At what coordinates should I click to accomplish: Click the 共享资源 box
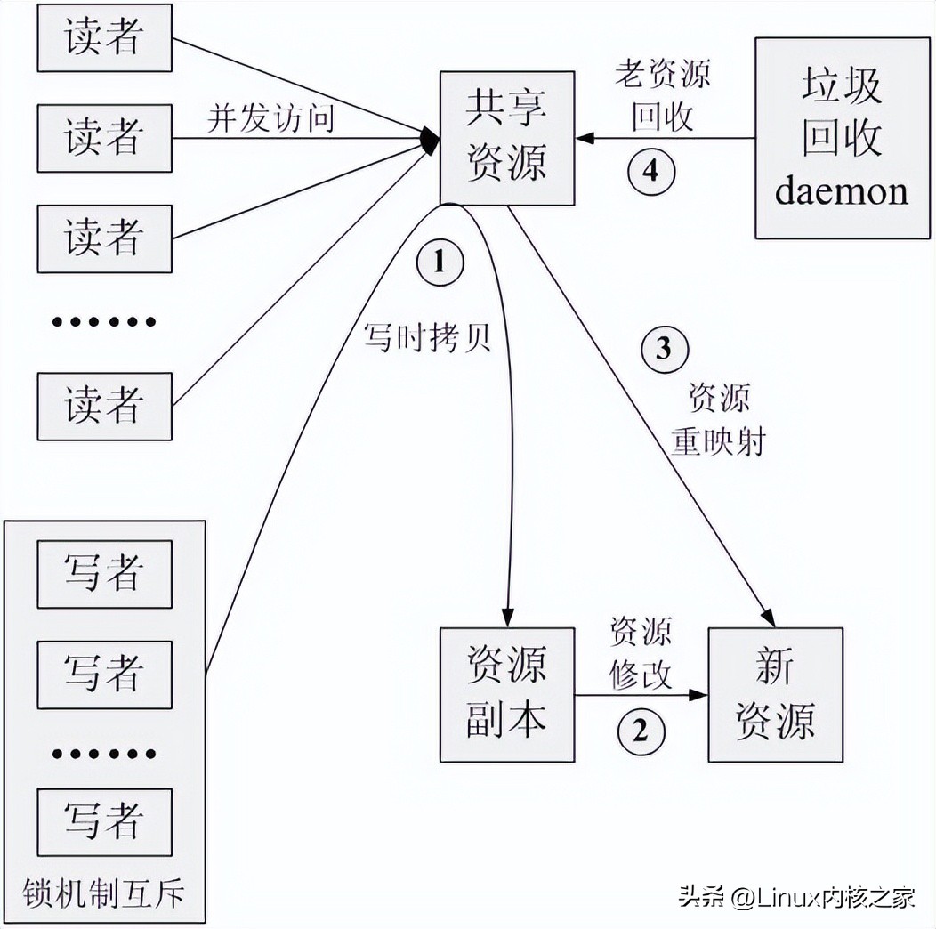click(507, 138)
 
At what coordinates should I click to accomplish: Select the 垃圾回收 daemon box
click(842, 138)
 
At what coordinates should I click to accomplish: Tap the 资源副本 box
click(507, 694)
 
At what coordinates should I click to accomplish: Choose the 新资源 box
click(775, 694)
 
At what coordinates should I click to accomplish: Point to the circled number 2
click(641, 731)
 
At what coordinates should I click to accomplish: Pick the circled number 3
click(664, 349)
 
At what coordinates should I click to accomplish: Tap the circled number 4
click(651, 170)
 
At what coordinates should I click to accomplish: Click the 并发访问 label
click(270, 117)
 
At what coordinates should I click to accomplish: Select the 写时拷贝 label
click(427, 338)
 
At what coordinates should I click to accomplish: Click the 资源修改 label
click(641, 655)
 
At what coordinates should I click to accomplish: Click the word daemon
click(842, 191)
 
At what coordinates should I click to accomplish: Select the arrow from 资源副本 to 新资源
click(641, 694)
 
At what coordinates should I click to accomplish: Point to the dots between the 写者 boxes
click(104, 754)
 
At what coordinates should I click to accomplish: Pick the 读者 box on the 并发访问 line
click(104, 138)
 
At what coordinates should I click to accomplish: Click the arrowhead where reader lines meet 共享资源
click(432, 138)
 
